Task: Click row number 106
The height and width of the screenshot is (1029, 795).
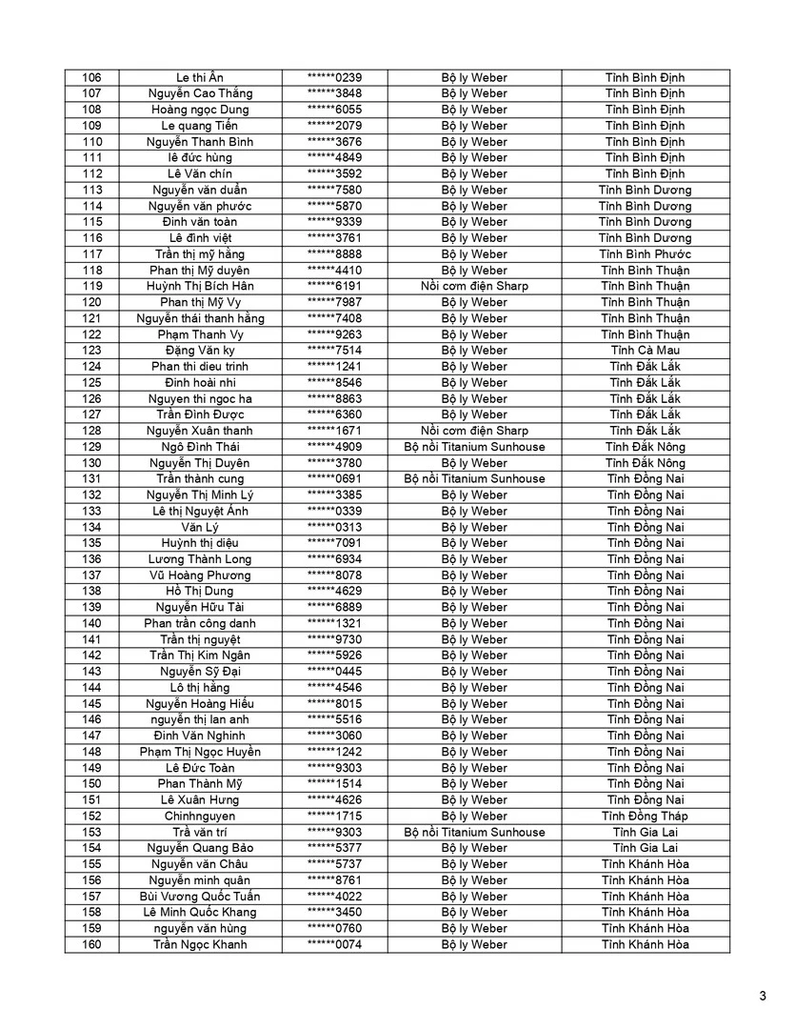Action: point(92,77)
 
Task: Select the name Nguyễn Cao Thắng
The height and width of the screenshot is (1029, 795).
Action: point(201,93)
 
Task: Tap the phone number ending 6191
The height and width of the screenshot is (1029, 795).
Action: point(334,286)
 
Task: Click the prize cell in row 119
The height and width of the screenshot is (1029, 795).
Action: point(474,286)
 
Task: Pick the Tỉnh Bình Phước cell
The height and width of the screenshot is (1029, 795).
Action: point(646,253)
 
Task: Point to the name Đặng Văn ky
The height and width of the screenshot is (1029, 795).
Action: point(201,350)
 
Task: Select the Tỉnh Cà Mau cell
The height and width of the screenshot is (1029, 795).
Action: point(646,350)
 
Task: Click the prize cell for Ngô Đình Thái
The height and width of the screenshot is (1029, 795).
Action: point(474,446)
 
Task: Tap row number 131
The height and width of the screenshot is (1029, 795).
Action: point(92,478)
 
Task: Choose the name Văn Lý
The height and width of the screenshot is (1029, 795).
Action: point(201,527)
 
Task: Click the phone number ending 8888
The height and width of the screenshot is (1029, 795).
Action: point(334,253)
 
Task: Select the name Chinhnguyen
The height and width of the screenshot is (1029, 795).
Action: point(201,816)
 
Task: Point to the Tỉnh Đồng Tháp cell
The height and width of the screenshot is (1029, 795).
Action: point(646,816)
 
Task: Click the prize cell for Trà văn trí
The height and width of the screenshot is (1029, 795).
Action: point(474,832)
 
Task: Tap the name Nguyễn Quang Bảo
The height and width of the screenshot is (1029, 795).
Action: point(201,848)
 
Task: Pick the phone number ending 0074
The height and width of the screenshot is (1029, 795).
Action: point(334,944)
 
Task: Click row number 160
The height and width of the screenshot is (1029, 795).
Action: point(92,944)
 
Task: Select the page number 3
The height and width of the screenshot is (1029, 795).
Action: point(763,997)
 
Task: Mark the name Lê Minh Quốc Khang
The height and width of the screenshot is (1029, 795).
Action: point(201,912)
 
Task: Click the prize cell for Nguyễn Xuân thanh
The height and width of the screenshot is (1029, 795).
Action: point(474,431)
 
